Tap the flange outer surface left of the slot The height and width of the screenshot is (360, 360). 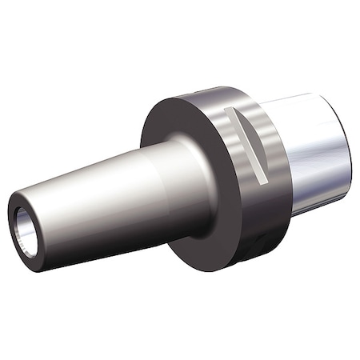pyautogui.click(x=220, y=128)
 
